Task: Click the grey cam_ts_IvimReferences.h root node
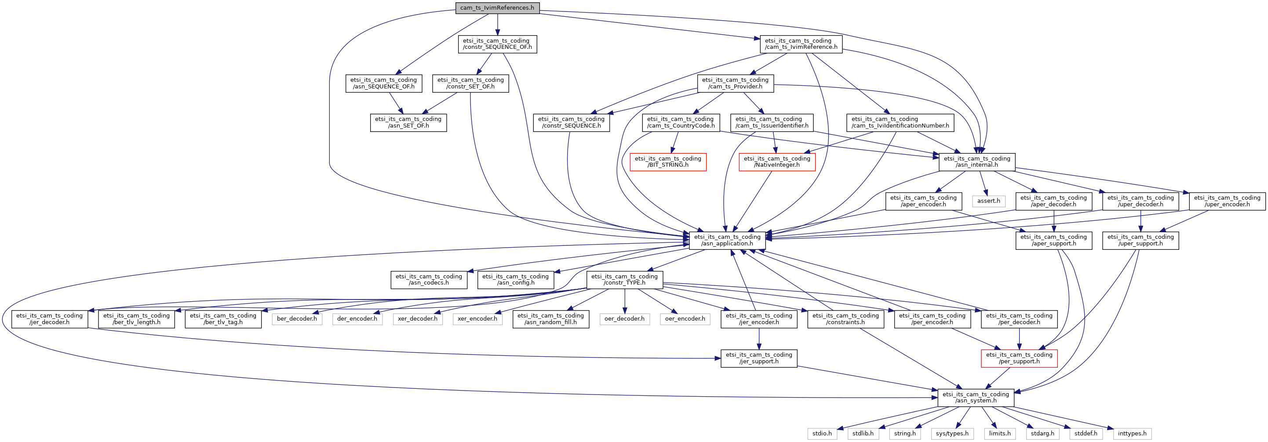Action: tap(497, 8)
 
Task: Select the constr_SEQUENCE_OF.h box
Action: tap(497, 44)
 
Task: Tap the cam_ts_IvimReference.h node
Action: tap(801, 44)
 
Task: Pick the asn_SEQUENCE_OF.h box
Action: tap(383, 83)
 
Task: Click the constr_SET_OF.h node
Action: tap(470, 83)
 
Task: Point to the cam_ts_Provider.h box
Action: tap(736, 83)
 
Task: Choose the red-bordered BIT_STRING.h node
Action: tap(668, 162)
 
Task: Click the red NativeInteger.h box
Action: tap(777, 162)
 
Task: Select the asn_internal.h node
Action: tap(977, 162)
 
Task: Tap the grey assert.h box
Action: tap(988, 201)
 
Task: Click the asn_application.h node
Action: tap(727, 240)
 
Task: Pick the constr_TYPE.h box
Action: tap(625, 280)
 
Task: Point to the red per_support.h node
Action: tap(1019, 358)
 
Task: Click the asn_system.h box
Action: tap(976, 397)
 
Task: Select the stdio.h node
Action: tap(822, 434)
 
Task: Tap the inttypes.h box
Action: tap(1132, 434)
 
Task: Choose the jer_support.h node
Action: tap(758, 358)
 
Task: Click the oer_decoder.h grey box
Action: tap(624, 319)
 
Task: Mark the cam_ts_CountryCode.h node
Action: tap(681, 123)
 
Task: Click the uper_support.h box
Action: tap(1140, 240)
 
